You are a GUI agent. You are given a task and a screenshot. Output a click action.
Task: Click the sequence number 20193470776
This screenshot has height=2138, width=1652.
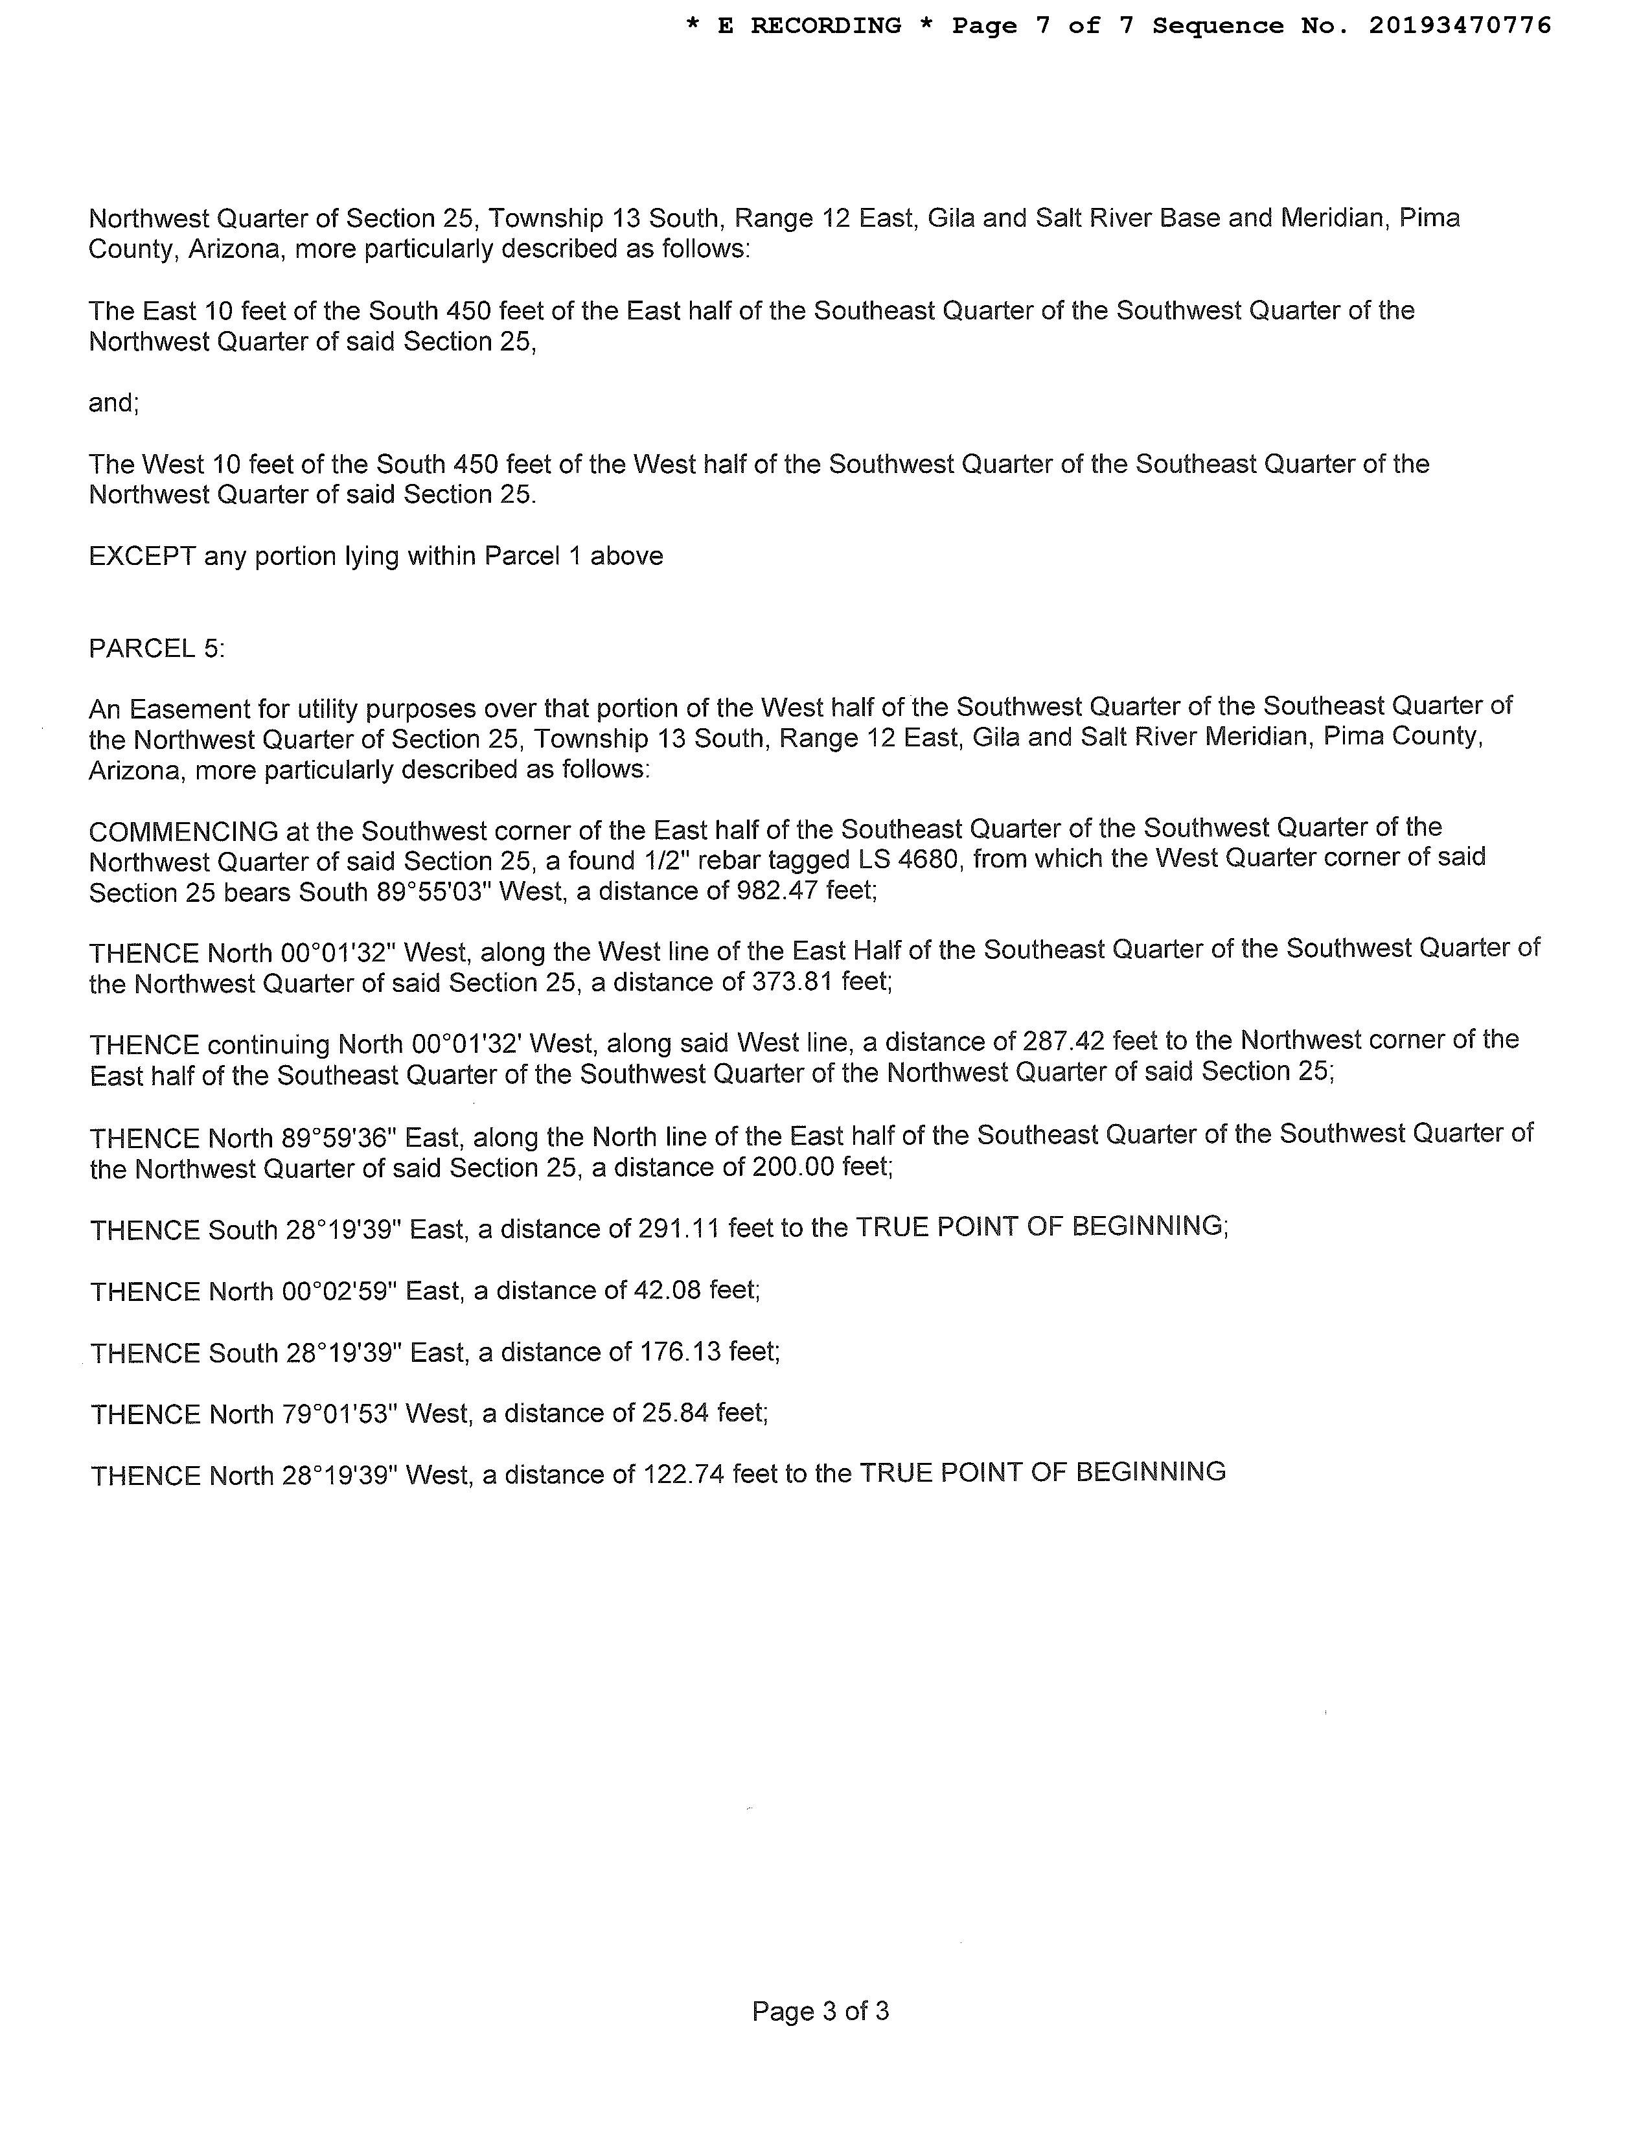tap(1459, 25)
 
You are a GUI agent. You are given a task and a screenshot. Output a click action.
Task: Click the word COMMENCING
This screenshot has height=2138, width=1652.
tap(183, 832)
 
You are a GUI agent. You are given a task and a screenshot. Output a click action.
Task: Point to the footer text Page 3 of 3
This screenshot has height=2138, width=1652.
tap(820, 2011)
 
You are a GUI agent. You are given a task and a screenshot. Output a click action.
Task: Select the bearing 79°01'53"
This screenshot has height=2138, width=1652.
tap(339, 1414)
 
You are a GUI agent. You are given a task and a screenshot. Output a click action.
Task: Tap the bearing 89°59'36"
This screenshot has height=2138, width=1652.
tap(339, 1138)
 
